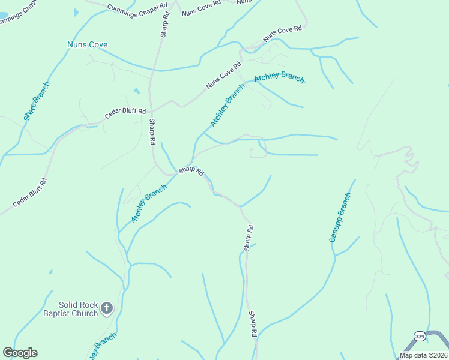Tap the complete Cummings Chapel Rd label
click(x=137, y=8)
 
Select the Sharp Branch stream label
click(x=37, y=101)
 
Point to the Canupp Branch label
click(x=339, y=217)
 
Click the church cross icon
click(x=107, y=308)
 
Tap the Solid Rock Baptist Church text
click(x=70, y=309)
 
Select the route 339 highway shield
click(x=420, y=335)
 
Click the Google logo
click(x=20, y=352)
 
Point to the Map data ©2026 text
click(x=423, y=355)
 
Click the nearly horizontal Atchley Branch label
click(x=279, y=78)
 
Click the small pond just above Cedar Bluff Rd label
click(x=136, y=91)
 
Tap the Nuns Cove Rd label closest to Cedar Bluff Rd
click(x=220, y=76)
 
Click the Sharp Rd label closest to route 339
click(x=253, y=323)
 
